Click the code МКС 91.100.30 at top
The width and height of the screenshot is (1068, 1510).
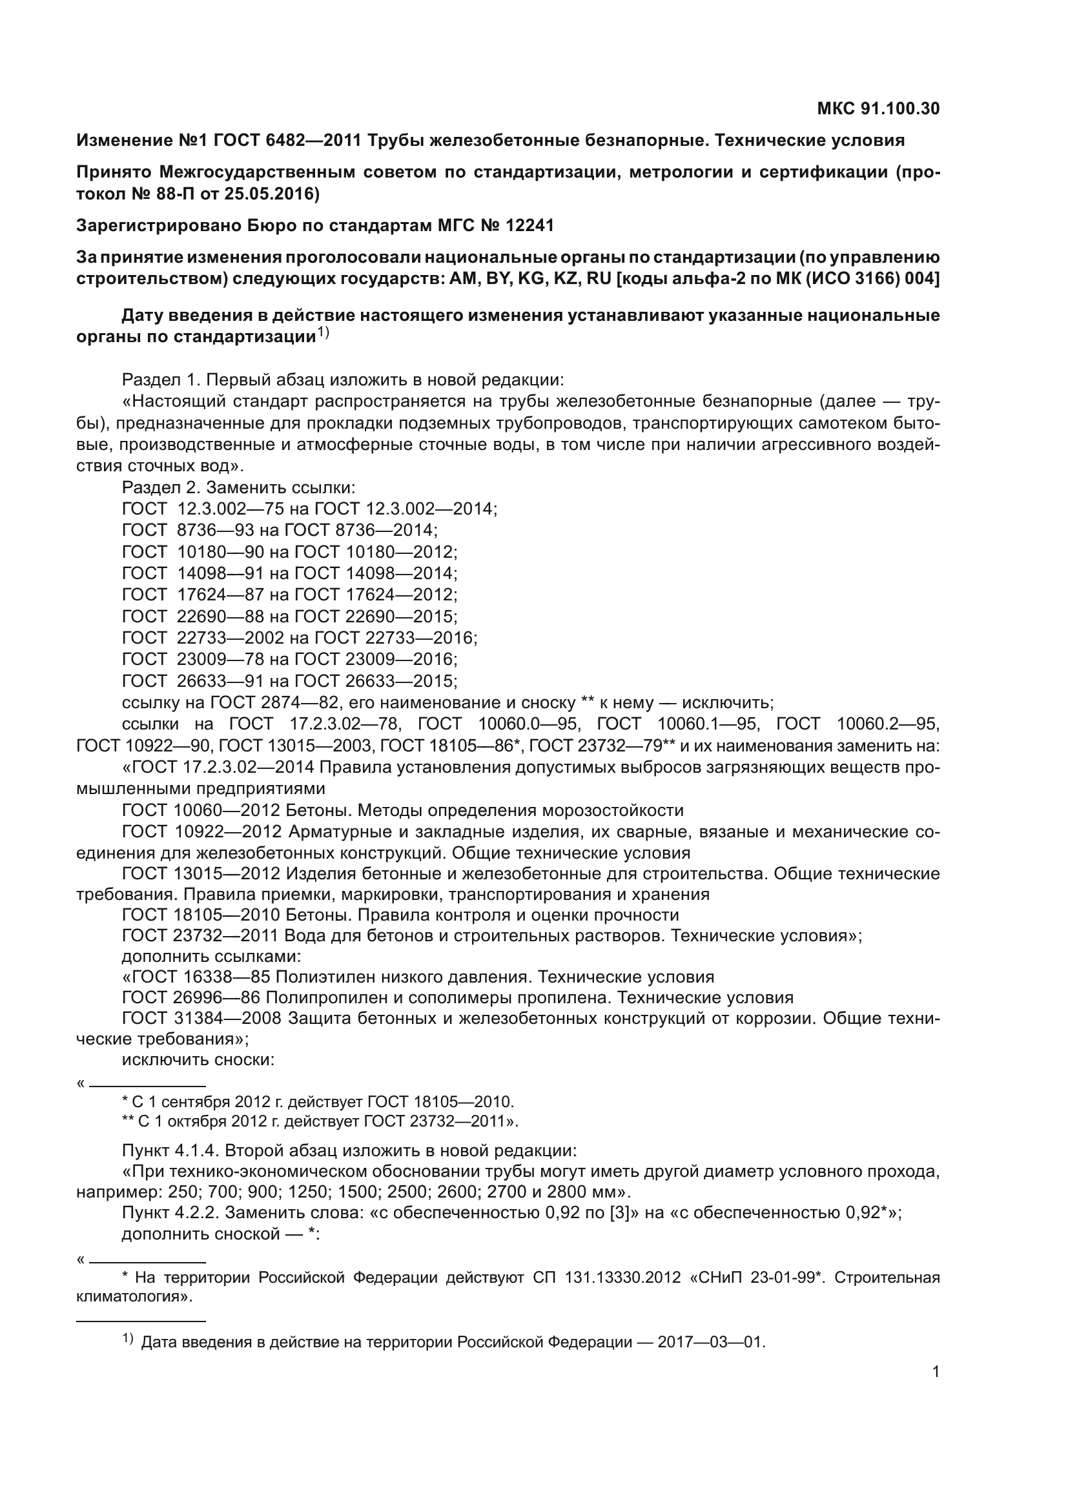878,108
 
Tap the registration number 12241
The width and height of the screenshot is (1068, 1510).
529,225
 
